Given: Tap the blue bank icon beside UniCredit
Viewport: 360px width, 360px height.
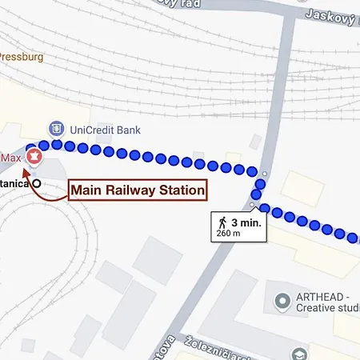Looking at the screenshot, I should [x=56, y=128].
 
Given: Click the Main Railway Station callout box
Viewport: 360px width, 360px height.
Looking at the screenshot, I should [x=137, y=190].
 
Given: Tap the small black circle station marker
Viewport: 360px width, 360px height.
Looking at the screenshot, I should [x=37, y=183].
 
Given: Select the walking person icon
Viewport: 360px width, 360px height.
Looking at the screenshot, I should [x=221, y=223].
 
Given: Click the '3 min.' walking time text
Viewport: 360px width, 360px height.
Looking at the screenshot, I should [x=246, y=222].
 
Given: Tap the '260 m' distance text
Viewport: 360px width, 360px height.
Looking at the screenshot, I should [x=229, y=234].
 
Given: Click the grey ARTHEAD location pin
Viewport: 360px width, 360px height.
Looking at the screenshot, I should [x=281, y=302].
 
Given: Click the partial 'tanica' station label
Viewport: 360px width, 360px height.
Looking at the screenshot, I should [x=14, y=184].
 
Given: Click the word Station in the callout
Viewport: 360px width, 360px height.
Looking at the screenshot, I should [x=180, y=190].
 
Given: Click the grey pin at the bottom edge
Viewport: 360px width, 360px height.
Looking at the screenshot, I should [x=298, y=354].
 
